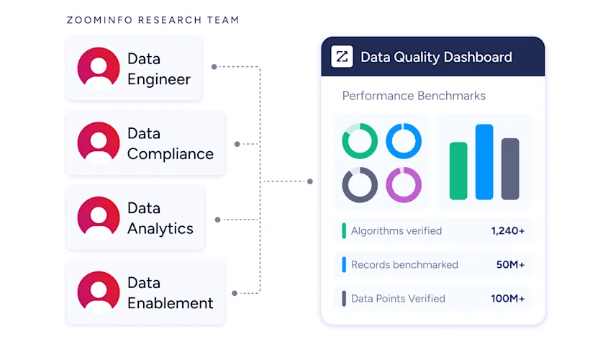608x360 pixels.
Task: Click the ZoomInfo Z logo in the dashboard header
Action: coord(342,57)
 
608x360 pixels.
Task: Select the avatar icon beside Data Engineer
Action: coord(99,68)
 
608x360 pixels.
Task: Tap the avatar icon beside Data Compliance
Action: coord(99,143)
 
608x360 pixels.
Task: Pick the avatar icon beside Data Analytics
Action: coord(99,217)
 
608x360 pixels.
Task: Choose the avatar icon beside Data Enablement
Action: coord(99,292)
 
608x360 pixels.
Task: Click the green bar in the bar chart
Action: coord(458,171)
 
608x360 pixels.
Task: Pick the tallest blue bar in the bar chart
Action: coord(484,162)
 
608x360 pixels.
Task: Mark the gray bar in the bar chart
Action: coord(510,168)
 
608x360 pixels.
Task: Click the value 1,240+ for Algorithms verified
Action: coord(508,231)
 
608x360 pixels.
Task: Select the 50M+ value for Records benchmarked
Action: coord(511,264)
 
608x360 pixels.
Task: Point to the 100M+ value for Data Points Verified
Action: coord(508,298)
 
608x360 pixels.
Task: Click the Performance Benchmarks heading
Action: coord(414,96)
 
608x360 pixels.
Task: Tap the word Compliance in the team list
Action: coord(171,154)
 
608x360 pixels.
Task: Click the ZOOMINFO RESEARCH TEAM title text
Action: coord(153,20)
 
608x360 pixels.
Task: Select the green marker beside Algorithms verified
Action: coord(344,231)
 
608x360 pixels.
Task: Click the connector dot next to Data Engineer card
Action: coord(214,67)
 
